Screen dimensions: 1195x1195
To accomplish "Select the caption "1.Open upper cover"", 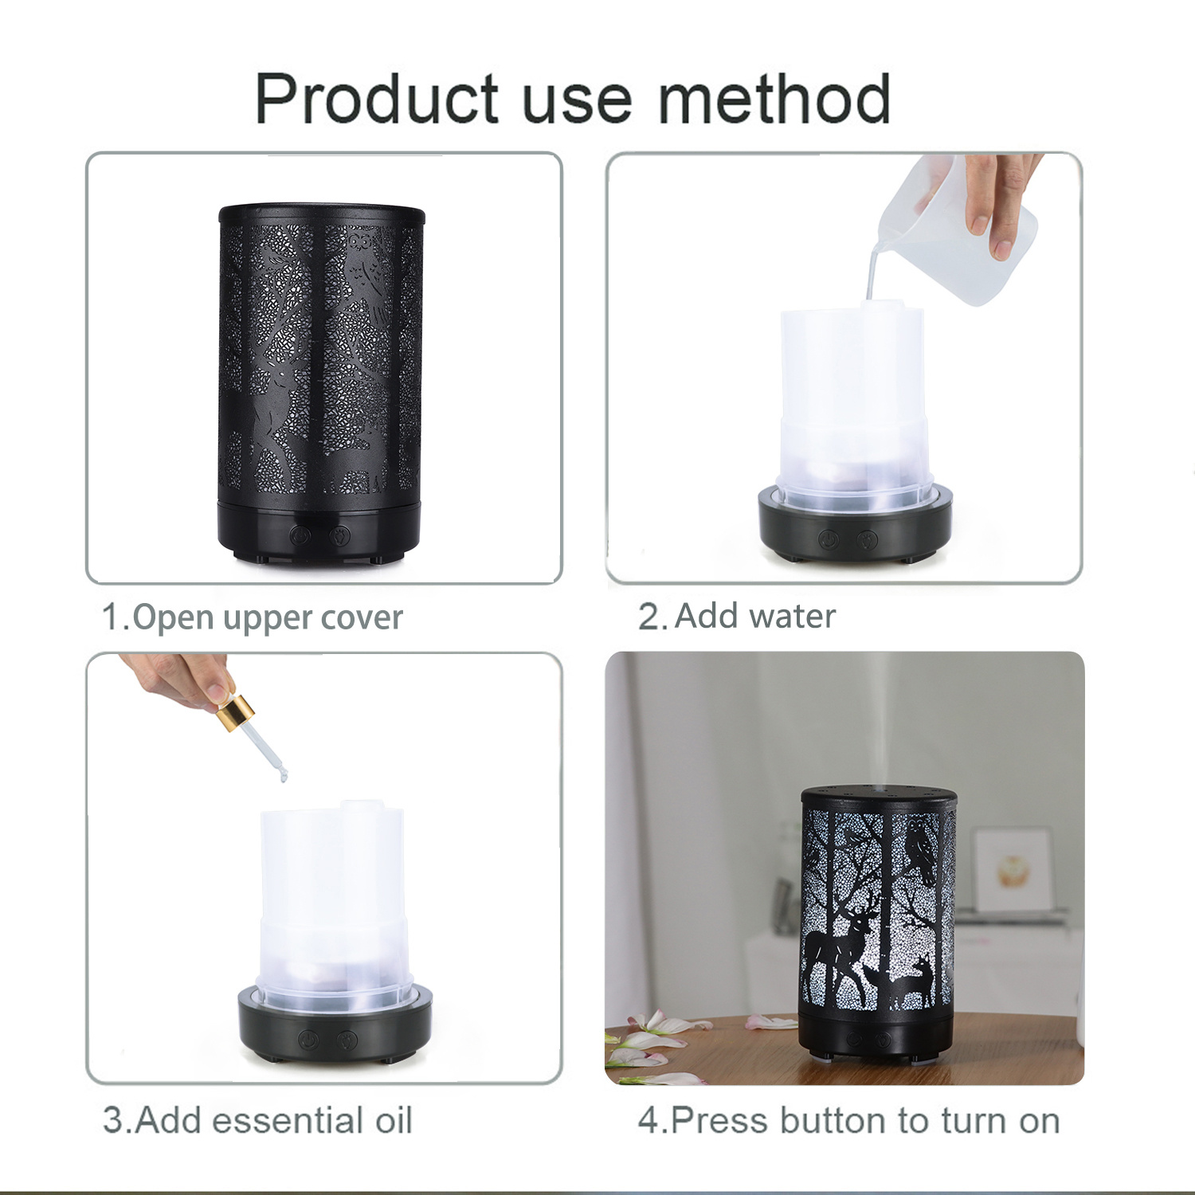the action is pyautogui.click(x=253, y=618).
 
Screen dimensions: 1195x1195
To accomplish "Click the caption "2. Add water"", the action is pyautogui.click(x=737, y=617).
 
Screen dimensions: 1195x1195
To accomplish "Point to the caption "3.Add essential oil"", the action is pyautogui.click(x=257, y=1120).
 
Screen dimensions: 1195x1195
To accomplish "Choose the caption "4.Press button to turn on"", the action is pyautogui.click(x=848, y=1120).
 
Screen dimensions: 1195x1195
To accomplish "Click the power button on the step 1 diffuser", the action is pyautogui.click(x=300, y=534).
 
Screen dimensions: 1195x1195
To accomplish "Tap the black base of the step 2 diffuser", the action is pyautogui.click(x=855, y=530).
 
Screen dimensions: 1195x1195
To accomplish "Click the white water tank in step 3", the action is pyautogui.click(x=333, y=900).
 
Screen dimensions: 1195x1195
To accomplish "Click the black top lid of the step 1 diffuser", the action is pyautogui.click(x=322, y=214).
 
